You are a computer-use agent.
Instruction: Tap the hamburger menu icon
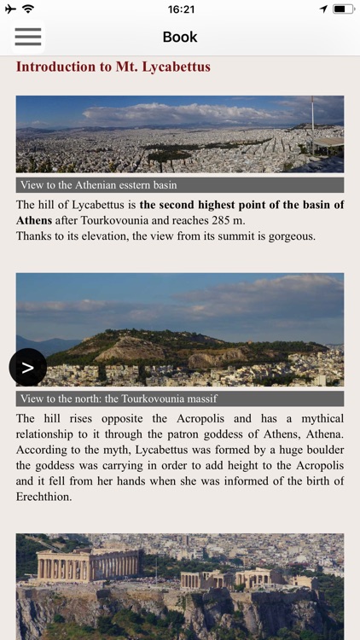27,37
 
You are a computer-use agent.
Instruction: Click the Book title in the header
180,37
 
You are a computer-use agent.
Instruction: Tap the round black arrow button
27,367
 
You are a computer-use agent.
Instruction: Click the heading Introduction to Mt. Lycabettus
113,67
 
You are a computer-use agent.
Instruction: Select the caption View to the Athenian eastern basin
98,185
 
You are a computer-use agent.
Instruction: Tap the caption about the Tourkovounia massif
119,399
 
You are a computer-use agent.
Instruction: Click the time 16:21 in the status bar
181,9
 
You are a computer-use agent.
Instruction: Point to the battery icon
343,9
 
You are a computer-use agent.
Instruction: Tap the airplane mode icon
10,9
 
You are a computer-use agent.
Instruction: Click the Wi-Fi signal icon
28,9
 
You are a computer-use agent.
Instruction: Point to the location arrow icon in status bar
323,9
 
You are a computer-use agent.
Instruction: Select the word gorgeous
287,236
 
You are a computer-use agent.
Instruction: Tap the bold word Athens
34,220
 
